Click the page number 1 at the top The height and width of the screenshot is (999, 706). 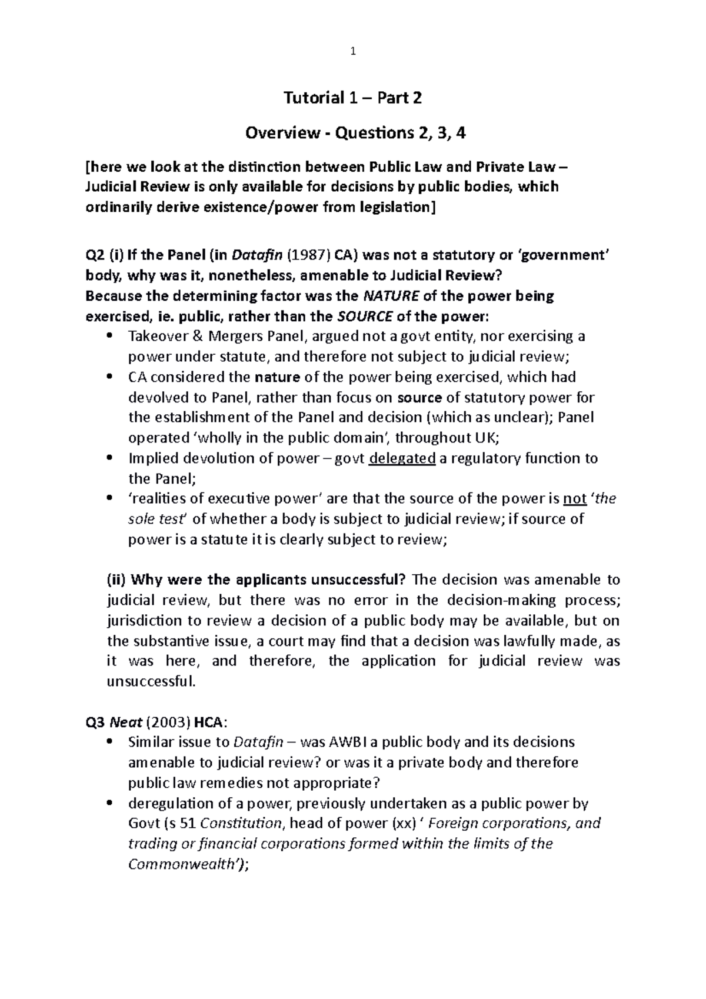tap(352, 52)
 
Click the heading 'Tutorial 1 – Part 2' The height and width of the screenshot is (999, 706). tap(352, 98)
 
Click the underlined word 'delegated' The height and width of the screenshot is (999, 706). tap(402, 458)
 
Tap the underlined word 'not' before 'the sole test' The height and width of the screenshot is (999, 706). tap(575, 499)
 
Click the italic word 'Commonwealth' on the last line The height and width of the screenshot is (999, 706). tap(183, 864)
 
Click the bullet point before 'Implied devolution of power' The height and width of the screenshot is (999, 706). tap(110, 458)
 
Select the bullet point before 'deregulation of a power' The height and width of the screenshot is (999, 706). tap(110, 803)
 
